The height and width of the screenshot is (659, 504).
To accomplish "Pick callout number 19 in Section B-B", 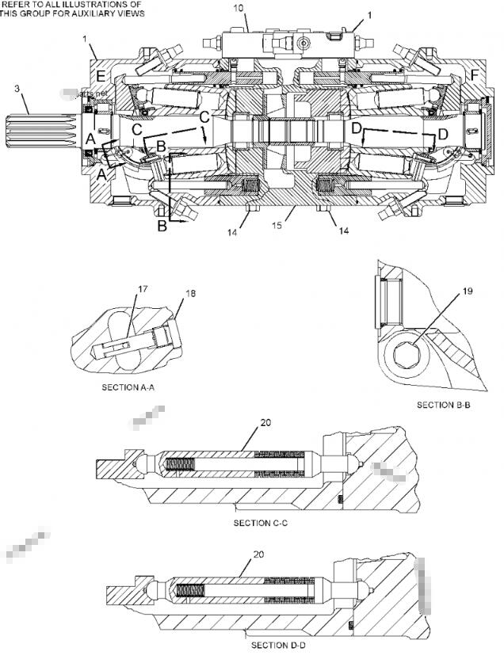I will [467, 291].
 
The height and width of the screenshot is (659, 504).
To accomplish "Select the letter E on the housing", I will [100, 76].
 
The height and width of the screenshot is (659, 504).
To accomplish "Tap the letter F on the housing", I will [474, 76].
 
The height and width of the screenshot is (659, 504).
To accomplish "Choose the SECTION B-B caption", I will [445, 405].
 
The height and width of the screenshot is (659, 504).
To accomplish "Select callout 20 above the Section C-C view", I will [265, 422].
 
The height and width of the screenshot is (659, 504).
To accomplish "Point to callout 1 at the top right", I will [369, 14].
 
